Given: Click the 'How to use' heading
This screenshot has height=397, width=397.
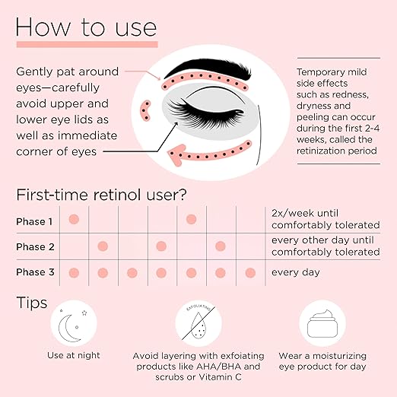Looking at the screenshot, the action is pyautogui.click(x=86, y=27).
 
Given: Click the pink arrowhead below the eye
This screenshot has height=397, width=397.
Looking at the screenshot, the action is pyautogui.click(x=177, y=155).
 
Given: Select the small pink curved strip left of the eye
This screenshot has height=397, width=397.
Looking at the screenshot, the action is pyautogui.click(x=146, y=110).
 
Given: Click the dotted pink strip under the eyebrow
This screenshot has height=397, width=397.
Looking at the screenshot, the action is pyautogui.click(x=205, y=81).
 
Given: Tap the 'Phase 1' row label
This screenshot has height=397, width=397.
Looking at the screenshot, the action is pyautogui.click(x=34, y=221).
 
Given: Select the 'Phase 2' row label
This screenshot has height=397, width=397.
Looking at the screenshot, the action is pyautogui.click(x=35, y=246).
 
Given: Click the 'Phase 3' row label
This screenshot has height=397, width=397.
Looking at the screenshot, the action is pyautogui.click(x=35, y=272).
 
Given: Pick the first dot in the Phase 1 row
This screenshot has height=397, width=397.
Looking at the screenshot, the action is pyautogui.click(x=74, y=219).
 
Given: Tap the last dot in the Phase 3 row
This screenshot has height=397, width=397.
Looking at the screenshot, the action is pyautogui.click(x=250, y=273).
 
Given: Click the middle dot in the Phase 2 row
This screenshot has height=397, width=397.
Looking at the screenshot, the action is pyautogui.click(x=161, y=246).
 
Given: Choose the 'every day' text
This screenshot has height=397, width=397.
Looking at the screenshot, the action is pyautogui.click(x=296, y=272).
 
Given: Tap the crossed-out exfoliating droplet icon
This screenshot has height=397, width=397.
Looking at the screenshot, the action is pyautogui.click(x=198, y=323).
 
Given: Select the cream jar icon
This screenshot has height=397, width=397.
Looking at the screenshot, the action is pyautogui.click(x=322, y=324).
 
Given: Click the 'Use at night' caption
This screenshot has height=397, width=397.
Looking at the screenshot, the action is pyautogui.click(x=74, y=355).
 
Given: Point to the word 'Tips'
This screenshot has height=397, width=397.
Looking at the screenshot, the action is pyautogui.click(x=32, y=303).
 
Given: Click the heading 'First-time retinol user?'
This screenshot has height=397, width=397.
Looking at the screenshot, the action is pyautogui.click(x=101, y=195).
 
